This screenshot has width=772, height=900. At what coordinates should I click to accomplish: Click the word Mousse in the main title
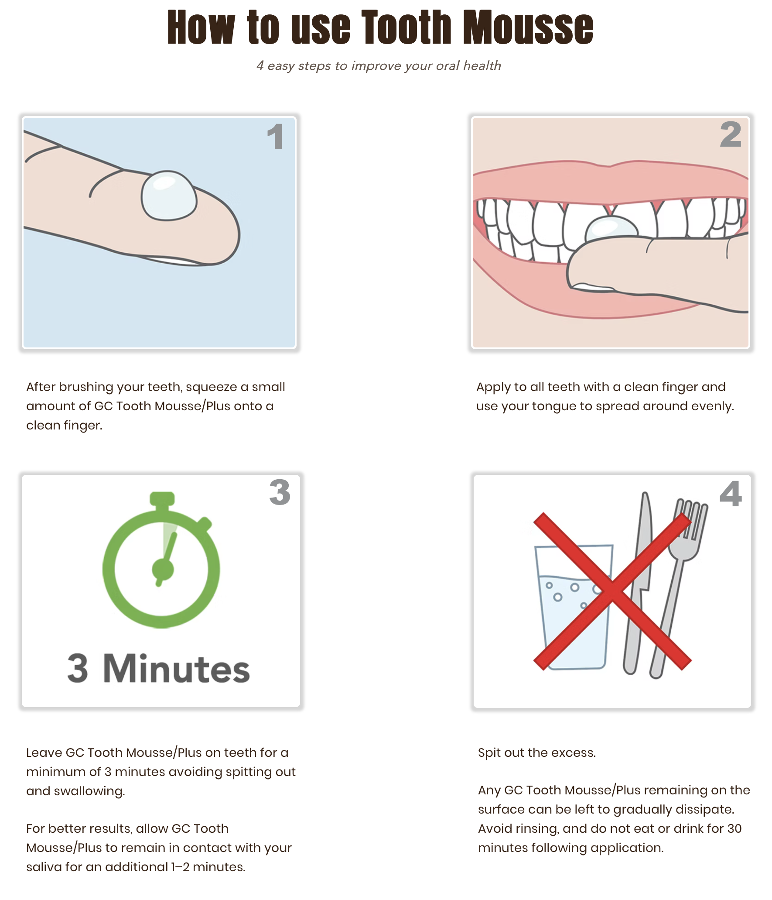coord(528,27)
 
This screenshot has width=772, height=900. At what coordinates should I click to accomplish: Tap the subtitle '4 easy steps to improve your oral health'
coord(379,65)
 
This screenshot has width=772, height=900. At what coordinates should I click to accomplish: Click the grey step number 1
coord(276,137)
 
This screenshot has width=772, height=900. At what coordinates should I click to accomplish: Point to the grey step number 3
coord(280,492)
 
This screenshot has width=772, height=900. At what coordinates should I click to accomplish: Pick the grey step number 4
coord(731,494)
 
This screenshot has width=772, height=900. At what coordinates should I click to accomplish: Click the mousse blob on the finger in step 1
coord(169,195)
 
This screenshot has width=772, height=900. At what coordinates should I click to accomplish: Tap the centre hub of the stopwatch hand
coord(163,569)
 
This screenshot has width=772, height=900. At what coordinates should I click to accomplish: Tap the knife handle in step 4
coord(632,633)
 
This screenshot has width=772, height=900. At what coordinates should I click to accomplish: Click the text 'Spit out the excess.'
coord(537,753)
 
